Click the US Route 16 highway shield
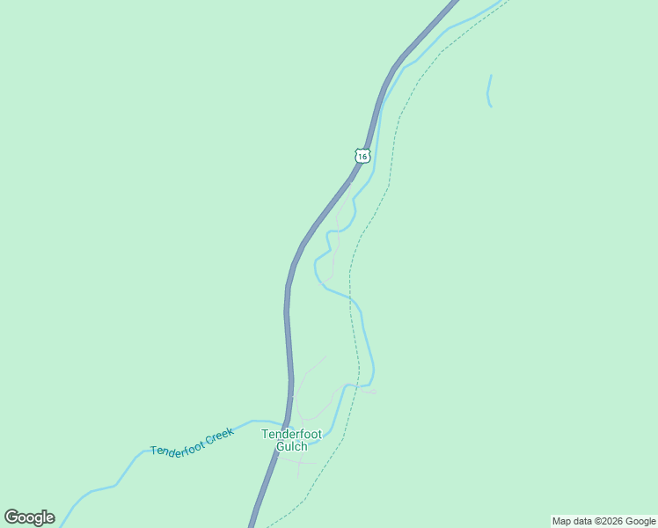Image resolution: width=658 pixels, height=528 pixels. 362,156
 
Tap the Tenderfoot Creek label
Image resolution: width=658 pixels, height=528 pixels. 192,443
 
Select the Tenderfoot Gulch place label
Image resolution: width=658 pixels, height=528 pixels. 291,440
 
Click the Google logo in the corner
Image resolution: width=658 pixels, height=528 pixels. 29,517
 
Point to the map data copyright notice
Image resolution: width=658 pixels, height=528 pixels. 603,521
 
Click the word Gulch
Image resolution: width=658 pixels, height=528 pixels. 291,446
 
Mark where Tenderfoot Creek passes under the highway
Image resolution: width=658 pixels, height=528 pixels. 285,425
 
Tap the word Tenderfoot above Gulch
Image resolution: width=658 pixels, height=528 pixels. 291,434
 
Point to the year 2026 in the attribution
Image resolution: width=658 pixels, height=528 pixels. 612,521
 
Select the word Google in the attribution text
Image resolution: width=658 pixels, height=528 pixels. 640,521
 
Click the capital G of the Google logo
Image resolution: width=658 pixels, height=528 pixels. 12,517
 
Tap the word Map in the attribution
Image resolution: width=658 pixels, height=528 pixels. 561,521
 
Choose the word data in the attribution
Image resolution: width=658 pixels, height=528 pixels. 583,521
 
